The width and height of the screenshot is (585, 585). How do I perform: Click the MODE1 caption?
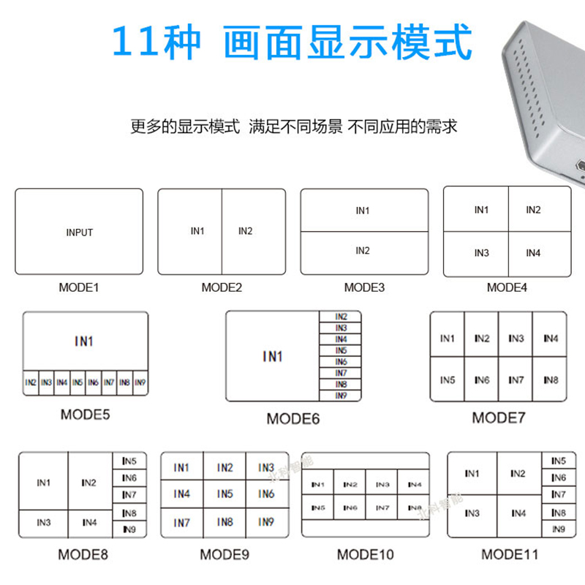click(78, 287)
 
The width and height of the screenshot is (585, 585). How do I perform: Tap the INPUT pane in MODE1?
click(79, 233)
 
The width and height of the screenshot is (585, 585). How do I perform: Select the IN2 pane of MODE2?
click(245, 231)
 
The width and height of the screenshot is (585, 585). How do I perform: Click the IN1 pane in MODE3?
click(363, 211)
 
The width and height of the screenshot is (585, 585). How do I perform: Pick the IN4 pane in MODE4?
click(533, 253)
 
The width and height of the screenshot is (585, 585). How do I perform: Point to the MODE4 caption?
click(507, 287)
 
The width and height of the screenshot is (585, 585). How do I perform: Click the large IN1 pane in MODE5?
click(84, 341)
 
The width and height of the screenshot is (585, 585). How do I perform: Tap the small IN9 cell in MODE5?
click(140, 382)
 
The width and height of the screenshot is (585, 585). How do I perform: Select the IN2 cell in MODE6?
click(341, 317)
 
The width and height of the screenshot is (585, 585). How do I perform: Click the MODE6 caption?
click(292, 419)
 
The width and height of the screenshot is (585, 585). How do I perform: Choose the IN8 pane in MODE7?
click(551, 380)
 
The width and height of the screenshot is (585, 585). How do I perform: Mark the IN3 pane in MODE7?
click(516, 339)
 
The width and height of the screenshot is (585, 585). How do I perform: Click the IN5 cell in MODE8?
click(129, 461)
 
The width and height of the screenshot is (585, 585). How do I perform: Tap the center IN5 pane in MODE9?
click(224, 494)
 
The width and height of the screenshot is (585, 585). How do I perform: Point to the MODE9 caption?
click(224, 554)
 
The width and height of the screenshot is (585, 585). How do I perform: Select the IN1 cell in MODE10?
click(318, 484)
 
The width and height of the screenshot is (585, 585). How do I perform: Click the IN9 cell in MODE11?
click(558, 529)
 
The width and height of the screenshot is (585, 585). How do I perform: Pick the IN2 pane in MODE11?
click(518, 474)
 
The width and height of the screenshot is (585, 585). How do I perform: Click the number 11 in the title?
click(135, 44)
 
